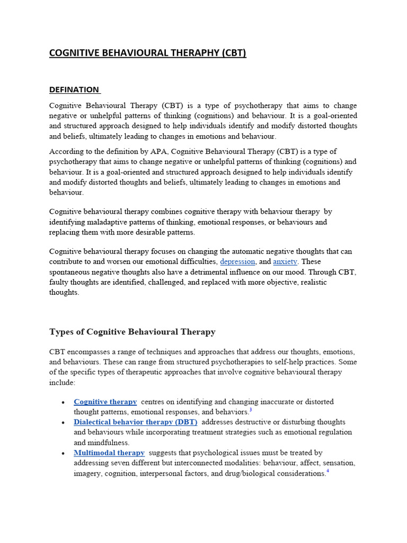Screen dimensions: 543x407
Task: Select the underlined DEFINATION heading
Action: [74, 90]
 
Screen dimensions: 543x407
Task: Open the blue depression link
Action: [237, 261]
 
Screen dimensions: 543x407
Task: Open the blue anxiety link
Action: [285, 261]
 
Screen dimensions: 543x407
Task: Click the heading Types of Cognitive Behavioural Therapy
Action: [132, 332]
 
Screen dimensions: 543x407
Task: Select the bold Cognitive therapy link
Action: [105, 402]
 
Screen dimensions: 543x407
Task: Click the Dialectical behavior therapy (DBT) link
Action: [135, 422]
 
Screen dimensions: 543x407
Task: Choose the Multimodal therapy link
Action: [109, 453]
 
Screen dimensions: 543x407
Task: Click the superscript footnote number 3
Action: [251, 409]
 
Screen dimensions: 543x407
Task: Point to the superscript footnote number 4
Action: [328, 471]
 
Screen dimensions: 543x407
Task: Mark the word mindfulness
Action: [109, 442]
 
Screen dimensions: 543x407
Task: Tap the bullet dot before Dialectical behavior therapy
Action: [63, 423]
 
